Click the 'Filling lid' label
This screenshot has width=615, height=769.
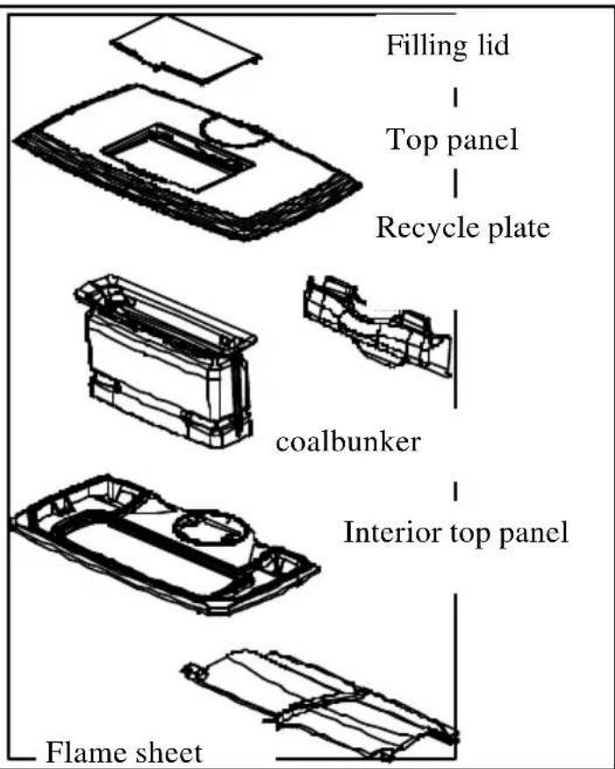pyautogui.click(x=447, y=45)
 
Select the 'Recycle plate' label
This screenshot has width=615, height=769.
pyautogui.click(x=462, y=228)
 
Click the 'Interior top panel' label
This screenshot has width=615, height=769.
pyautogui.click(x=455, y=533)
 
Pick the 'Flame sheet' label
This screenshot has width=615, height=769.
pyautogui.click(x=124, y=752)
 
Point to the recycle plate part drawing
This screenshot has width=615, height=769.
pyautogui.click(x=375, y=325)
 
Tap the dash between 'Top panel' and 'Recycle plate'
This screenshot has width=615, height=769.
pyautogui.click(x=455, y=183)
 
